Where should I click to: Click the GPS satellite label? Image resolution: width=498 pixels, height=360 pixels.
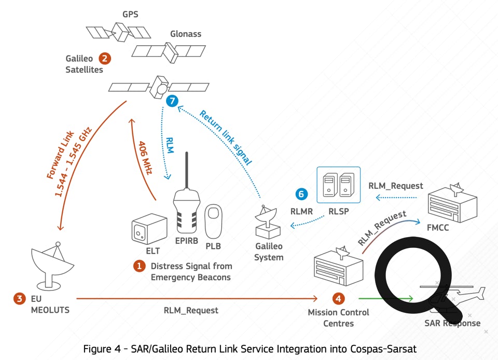point(130,14)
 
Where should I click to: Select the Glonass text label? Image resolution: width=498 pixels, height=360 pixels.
point(186,34)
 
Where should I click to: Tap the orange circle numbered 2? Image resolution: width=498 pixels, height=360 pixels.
point(105,59)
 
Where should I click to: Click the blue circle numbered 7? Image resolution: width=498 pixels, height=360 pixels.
point(172,101)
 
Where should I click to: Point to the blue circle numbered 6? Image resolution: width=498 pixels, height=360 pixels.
point(301,194)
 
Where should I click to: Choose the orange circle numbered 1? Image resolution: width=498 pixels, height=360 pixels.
point(139,266)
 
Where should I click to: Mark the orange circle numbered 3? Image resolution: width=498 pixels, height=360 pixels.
point(20,298)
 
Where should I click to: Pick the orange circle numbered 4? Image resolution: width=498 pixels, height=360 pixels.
point(338,298)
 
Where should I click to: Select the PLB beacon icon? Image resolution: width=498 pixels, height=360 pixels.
point(214,219)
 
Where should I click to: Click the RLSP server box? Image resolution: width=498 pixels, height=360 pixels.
point(338,185)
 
